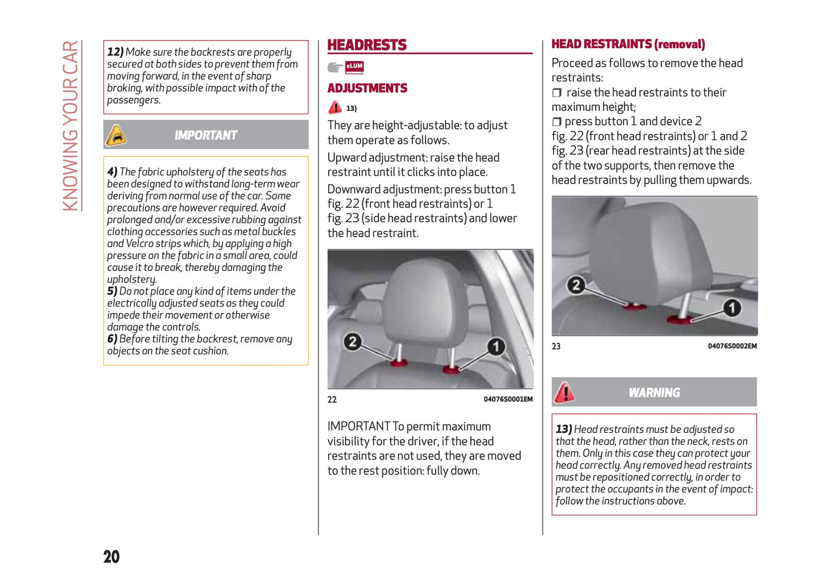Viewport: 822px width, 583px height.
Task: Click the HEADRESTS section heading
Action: click(367, 45)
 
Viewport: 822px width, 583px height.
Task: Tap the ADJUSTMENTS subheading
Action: click(367, 88)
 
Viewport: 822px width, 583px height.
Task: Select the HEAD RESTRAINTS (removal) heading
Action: click(628, 44)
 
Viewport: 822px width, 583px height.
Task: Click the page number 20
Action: click(111, 556)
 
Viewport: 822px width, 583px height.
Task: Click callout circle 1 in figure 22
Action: click(496, 346)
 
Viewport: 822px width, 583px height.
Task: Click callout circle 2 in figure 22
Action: click(353, 341)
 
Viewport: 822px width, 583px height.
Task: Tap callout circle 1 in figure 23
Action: click(732, 308)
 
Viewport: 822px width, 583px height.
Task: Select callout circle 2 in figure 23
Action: click(576, 284)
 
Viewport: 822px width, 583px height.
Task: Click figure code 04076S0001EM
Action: click(508, 399)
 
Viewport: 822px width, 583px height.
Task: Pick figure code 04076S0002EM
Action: click(732, 346)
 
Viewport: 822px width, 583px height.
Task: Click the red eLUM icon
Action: click(354, 67)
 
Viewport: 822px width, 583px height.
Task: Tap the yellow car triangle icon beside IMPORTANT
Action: click(116, 135)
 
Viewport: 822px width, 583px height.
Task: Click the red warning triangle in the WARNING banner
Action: click(564, 392)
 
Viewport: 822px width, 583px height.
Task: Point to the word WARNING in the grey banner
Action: click(654, 392)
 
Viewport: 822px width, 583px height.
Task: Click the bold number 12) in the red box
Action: click(115, 52)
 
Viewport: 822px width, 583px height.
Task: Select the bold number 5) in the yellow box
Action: click(112, 291)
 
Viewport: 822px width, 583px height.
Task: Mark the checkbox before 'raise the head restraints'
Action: click(557, 93)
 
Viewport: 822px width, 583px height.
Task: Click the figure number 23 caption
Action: click(556, 346)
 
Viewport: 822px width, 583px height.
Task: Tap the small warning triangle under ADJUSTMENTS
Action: click(335, 107)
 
